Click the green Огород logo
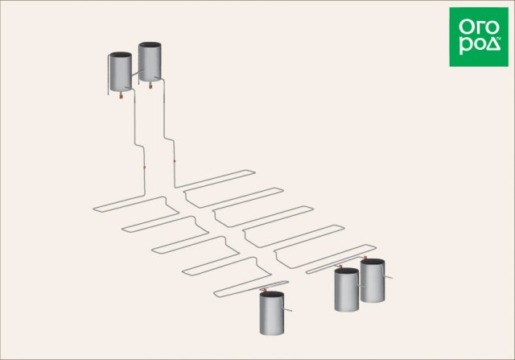pos(479,37)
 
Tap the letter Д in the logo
pos(494,44)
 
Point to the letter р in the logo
pos(465,46)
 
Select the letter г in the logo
pos(478,27)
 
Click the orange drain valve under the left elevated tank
pos(121,97)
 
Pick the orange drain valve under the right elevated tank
pos(150,86)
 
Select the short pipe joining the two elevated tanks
pos(138,73)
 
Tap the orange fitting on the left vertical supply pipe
pos(145,168)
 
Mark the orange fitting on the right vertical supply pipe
pos(175,161)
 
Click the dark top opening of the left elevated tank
pos(121,55)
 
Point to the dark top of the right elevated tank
pos(150,45)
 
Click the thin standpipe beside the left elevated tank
pos(109,75)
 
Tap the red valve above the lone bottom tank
pos(265,290)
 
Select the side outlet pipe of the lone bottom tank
pos(286,308)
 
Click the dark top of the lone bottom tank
pos(272,294)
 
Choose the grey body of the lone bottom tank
pos(272,315)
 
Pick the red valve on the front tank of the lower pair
pos(340,266)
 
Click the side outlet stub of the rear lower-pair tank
pos(388,277)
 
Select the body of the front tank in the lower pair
pos(347,292)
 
